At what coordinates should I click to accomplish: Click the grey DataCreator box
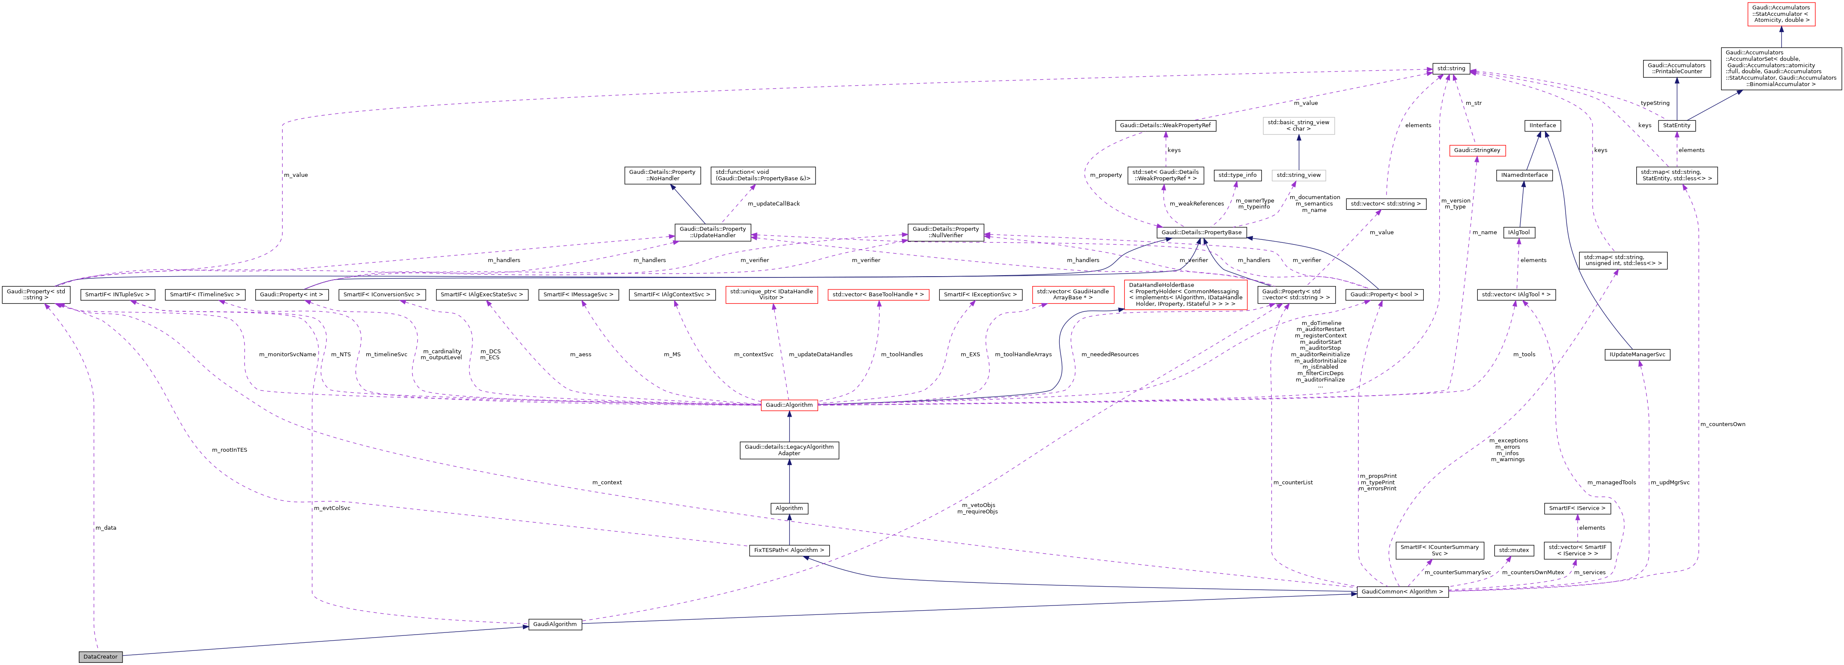coord(100,656)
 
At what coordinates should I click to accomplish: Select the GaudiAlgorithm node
coord(555,624)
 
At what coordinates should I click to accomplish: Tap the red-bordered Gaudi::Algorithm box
coord(789,405)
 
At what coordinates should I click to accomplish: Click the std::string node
coord(1451,69)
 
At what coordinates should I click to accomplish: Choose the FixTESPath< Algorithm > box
coord(789,551)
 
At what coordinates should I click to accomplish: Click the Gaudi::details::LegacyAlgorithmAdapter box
coord(789,450)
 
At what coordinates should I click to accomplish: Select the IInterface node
coord(1542,125)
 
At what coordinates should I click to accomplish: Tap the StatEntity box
coord(1677,125)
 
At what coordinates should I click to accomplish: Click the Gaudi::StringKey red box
coord(1477,150)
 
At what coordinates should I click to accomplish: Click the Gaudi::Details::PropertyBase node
coord(1201,233)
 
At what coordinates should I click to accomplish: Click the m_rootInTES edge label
coord(229,450)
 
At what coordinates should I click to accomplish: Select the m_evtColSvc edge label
coord(332,508)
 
